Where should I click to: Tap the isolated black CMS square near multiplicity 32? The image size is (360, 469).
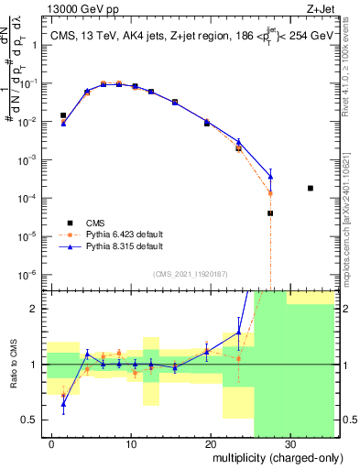point(311,188)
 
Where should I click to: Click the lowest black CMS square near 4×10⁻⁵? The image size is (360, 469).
point(270,213)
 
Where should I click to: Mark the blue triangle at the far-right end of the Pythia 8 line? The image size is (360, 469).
point(270,177)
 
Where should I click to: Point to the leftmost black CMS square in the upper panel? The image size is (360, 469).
point(63,115)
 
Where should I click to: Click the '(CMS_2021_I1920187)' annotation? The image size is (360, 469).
point(190,274)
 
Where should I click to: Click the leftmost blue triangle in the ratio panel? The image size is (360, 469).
point(63,404)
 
